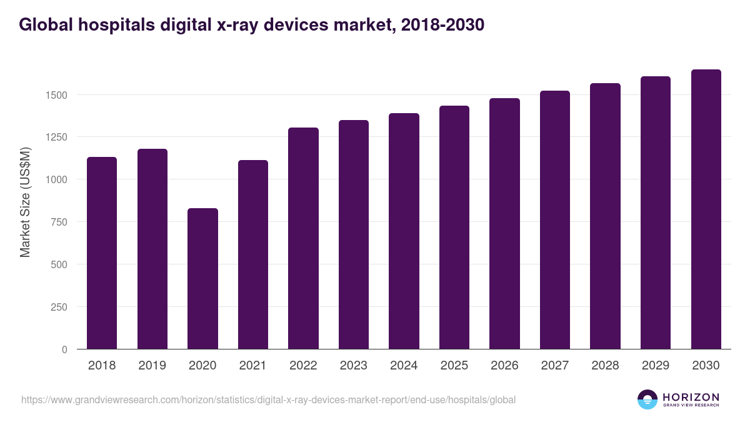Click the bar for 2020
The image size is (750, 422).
tap(202, 279)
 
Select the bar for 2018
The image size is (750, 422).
tap(102, 253)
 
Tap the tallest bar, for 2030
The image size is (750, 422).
tap(706, 209)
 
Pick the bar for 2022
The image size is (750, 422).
tap(303, 238)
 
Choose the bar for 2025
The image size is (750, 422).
tap(454, 228)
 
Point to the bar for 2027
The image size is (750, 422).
tap(555, 220)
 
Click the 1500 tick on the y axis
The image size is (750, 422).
tap(56, 95)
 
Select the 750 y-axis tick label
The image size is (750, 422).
tap(58, 222)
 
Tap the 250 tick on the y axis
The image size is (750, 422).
tap(58, 307)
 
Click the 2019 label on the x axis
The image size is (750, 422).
tap(152, 366)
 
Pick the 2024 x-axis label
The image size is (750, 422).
tap(404, 366)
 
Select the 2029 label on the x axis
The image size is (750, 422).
tap(656, 366)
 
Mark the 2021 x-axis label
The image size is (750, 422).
tap(252, 366)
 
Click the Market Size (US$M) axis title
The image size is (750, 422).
tap(25, 202)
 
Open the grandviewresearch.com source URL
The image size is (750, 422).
tap(268, 399)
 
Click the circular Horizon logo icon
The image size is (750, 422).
tap(647, 399)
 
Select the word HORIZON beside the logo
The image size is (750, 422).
tap(691, 396)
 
